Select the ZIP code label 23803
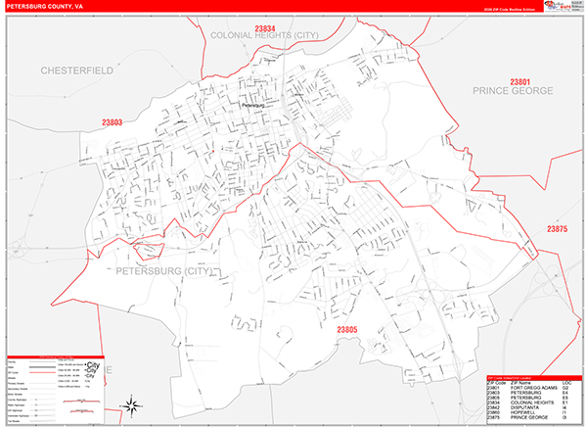pyautogui.click(x=112, y=122)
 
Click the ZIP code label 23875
pyautogui.click(x=557, y=228)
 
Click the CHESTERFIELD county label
pyautogui.click(x=77, y=71)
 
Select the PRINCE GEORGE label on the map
pyautogui.click(x=512, y=90)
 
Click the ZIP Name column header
pyautogui.click(x=522, y=384)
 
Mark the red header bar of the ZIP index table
pyautogui.click(x=533, y=378)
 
